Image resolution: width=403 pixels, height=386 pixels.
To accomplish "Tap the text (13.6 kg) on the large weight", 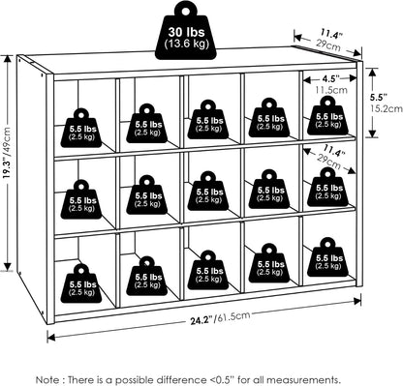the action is pyautogui.click(x=186, y=44).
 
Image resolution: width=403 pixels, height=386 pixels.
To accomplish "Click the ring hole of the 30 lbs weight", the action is pyautogui.click(x=186, y=11).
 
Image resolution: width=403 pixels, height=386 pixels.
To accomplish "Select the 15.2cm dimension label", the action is pyautogui.click(x=387, y=108).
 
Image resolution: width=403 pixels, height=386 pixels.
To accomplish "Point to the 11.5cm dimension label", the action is pyautogui.click(x=330, y=90).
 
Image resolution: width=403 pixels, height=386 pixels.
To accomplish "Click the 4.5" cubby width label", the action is pyautogui.click(x=330, y=78).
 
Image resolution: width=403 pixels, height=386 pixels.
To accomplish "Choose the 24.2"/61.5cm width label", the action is pyautogui.click(x=220, y=318).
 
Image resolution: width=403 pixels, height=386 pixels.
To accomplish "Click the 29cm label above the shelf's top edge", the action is pyautogui.click(x=328, y=45).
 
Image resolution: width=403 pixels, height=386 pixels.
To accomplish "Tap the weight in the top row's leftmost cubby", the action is pyautogui.click(x=81, y=128).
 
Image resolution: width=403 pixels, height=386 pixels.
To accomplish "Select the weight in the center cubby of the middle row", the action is pyautogui.click(x=207, y=191).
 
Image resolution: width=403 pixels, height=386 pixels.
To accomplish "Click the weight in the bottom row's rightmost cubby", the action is pyautogui.click(x=327, y=257).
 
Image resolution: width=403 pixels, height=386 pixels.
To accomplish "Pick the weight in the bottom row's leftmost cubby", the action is pyautogui.click(x=81, y=283).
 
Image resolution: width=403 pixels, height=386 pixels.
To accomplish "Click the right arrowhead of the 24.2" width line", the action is pyautogui.click(x=357, y=301).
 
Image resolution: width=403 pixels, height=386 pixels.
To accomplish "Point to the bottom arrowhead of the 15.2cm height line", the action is pyautogui.click(x=373, y=134).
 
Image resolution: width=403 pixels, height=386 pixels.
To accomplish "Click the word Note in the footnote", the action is pyautogui.click(x=47, y=379).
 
